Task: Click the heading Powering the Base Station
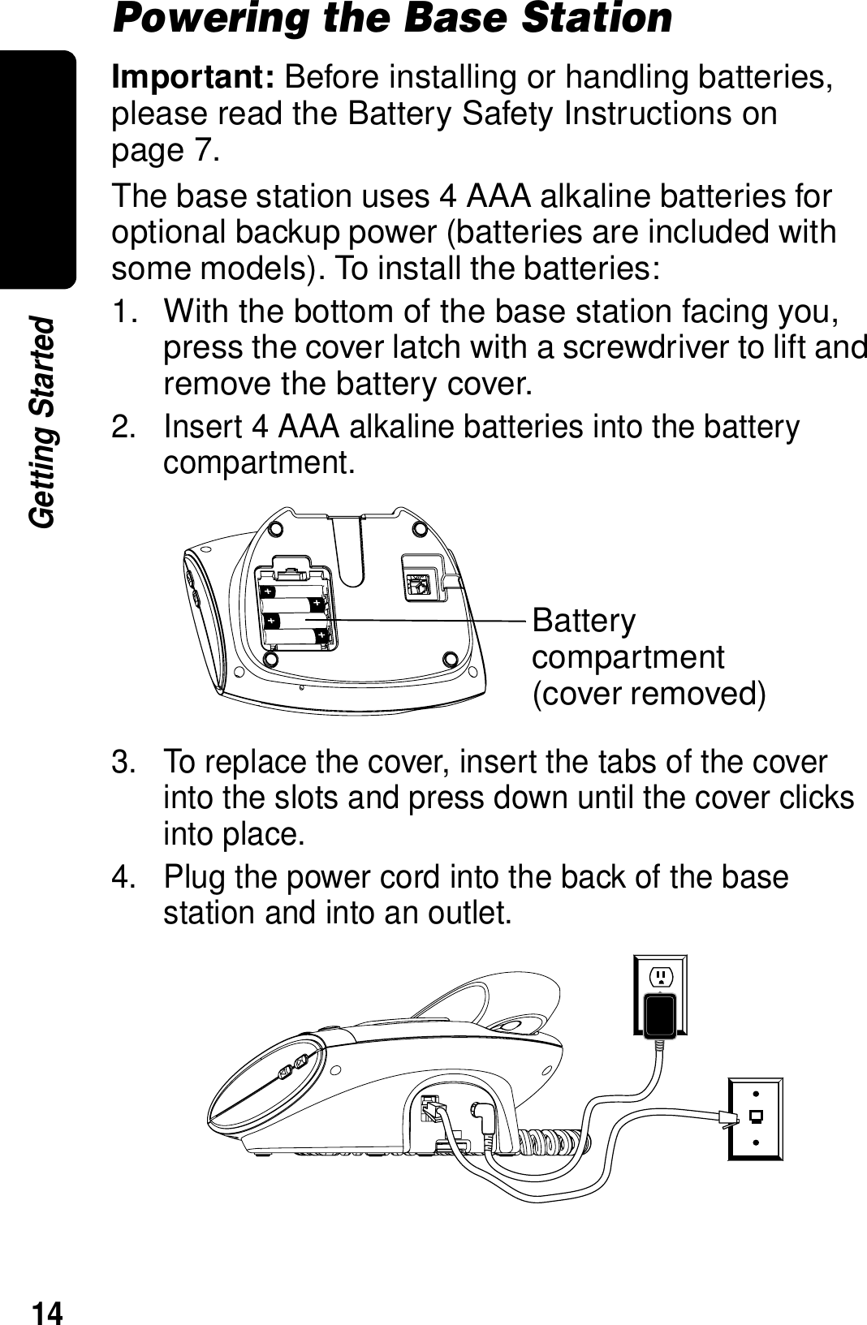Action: (392, 18)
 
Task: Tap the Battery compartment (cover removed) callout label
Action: (648, 657)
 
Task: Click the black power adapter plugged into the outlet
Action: (661, 1015)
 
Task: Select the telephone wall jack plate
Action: (755, 1119)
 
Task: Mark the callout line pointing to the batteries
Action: (422, 620)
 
